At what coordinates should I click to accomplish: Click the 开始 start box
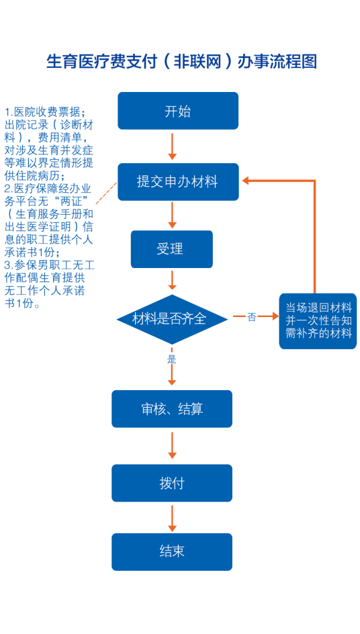(x=178, y=111)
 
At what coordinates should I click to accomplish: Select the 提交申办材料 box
(x=178, y=181)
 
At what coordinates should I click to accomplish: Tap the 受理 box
(x=171, y=249)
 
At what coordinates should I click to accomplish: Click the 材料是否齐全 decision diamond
(x=173, y=320)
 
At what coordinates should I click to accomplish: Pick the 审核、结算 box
(x=172, y=409)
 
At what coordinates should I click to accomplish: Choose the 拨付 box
(x=172, y=483)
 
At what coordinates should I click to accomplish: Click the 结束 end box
(x=172, y=552)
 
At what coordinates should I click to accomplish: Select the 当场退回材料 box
(x=318, y=321)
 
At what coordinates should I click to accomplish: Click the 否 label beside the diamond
(x=252, y=317)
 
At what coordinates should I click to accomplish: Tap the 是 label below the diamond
(x=172, y=359)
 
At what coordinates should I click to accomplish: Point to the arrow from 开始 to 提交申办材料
(x=173, y=146)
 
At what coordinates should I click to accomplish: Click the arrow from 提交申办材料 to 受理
(x=173, y=215)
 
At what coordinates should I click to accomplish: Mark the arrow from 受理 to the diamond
(x=173, y=280)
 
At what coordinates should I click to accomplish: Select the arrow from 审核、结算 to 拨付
(x=173, y=445)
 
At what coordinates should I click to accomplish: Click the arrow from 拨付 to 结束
(x=173, y=518)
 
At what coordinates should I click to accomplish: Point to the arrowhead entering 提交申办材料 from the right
(x=246, y=181)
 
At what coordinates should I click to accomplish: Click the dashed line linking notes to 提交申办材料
(x=106, y=193)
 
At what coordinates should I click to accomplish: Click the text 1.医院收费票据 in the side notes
(x=45, y=111)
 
